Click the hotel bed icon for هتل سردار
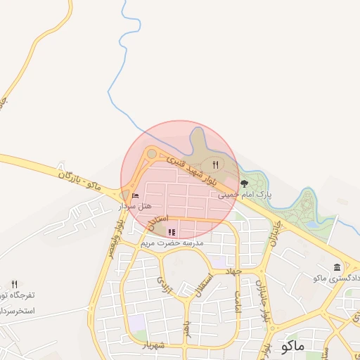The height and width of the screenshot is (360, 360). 135,195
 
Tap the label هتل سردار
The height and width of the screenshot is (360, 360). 134,206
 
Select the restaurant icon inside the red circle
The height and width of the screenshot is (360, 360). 215,165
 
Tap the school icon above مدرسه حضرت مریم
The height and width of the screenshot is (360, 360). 172,231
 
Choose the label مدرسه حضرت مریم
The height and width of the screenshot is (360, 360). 172,243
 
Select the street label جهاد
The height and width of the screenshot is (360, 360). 233,270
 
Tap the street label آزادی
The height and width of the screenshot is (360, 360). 162,284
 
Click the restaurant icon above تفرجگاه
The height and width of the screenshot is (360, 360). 14,283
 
